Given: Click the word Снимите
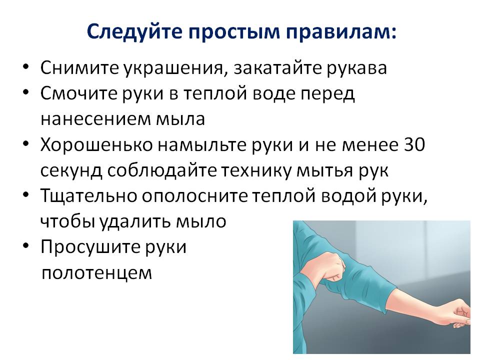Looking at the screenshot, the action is pyautogui.click(x=79, y=68).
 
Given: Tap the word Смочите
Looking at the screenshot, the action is pyautogui.click(x=78, y=93).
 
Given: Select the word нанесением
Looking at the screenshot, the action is pyautogui.click(x=95, y=119).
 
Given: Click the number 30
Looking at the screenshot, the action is pyautogui.click(x=414, y=144).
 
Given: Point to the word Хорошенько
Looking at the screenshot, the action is pyautogui.click(x=96, y=144).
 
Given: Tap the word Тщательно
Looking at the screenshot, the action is pyautogui.click(x=88, y=196).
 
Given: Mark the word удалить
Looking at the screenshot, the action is pyautogui.click(x=135, y=221).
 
